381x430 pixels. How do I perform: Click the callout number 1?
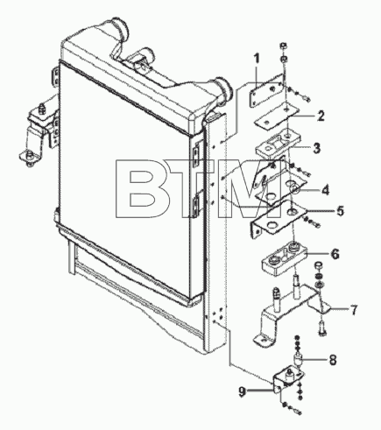(257, 60)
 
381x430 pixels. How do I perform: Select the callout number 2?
(321, 116)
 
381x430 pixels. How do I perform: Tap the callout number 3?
(317, 148)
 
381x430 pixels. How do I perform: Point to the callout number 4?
(325, 190)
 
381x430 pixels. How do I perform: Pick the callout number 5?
(340, 211)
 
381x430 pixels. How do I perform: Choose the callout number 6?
(335, 254)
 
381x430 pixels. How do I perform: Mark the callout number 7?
(354, 310)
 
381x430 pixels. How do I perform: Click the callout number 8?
(333, 360)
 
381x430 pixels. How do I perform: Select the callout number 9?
(242, 391)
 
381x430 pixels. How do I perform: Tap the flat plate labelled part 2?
(277, 117)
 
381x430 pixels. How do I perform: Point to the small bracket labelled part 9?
(287, 378)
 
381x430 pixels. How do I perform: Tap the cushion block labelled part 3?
(278, 145)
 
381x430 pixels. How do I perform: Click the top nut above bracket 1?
(283, 46)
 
